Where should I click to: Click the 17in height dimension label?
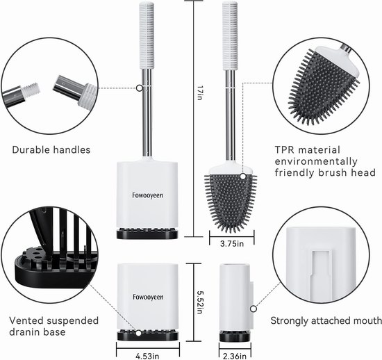[x=200, y=92]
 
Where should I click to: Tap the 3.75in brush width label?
[x=232, y=243]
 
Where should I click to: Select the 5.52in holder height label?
[x=200, y=302]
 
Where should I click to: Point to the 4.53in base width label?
[x=147, y=356]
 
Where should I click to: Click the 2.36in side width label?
[x=234, y=356]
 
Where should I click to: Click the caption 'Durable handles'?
[x=51, y=149]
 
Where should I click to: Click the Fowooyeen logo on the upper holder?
[x=147, y=195]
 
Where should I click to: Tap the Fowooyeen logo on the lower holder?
[x=148, y=297]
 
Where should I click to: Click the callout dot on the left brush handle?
[x=139, y=88]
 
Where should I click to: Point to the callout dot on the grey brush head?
[x=243, y=177]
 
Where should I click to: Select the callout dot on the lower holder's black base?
[x=138, y=333]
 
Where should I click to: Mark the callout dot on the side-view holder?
[x=254, y=309]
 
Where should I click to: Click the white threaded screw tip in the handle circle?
[x=31, y=90]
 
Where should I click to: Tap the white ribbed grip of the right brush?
[x=230, y=35]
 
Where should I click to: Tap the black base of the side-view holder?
[x=235, y=336]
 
